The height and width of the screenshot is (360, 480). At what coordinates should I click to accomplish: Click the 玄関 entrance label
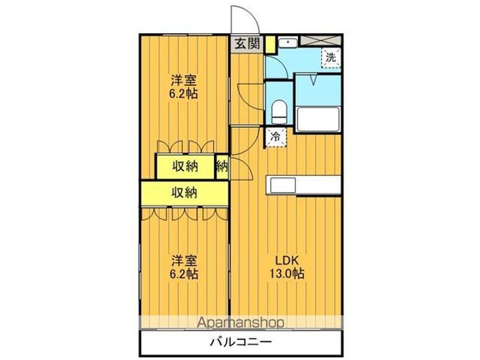(247, 44)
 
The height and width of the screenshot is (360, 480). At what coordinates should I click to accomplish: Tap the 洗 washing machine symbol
(331, 57)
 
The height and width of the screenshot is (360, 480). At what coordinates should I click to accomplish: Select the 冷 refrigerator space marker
(276, 137)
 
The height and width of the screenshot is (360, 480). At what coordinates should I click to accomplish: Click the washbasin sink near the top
(288, 42)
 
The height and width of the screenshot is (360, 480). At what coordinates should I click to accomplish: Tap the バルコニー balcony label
(241, 342)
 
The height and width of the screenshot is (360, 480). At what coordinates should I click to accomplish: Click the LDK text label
(287, 261)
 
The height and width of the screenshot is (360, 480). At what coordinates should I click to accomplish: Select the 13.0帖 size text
(287, 273)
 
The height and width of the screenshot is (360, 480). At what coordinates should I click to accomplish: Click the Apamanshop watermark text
(241, 323)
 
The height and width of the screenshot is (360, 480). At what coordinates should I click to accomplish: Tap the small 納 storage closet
(222, 167)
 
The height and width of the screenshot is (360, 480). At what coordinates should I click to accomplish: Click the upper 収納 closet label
(185, 167)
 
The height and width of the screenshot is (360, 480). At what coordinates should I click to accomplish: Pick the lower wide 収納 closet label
(185, 193)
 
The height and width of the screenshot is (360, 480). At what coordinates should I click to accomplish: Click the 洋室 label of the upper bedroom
(184, 81)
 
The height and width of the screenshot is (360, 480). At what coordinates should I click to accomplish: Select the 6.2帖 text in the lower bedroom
(184, 274)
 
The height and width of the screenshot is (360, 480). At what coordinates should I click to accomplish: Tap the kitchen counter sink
(281, 185)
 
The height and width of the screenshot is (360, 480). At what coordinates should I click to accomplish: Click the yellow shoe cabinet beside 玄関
(270, 45)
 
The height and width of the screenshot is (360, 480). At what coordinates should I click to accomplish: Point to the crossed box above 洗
(321, 41)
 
